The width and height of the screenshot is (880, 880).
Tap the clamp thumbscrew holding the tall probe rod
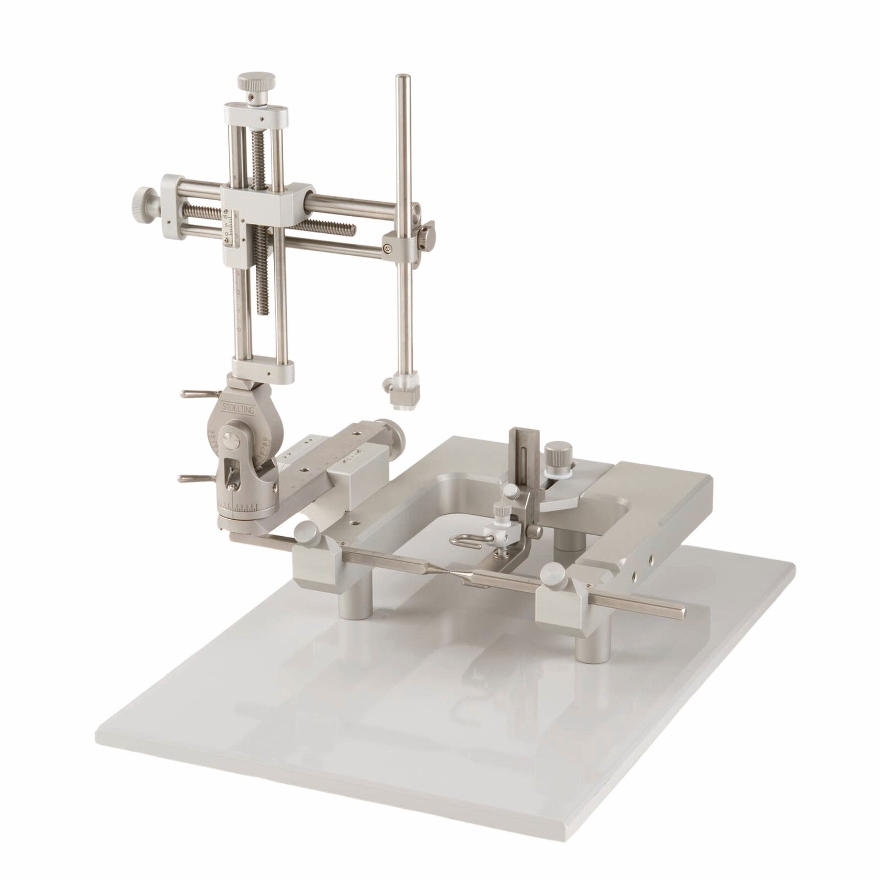(x=427, y=235)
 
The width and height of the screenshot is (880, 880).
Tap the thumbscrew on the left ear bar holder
(x=306, y=532)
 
